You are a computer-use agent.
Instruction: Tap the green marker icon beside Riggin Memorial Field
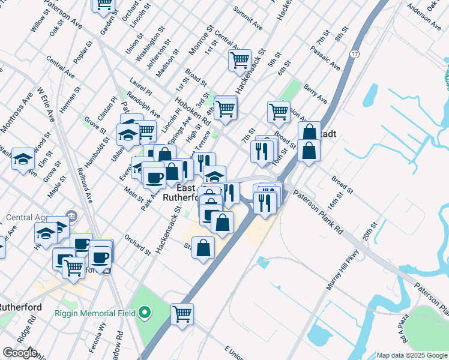pos(144,312)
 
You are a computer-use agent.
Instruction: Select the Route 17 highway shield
pos(355,55)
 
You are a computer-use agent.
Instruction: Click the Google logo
pos(20,353)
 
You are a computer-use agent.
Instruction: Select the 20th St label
pos(367,230)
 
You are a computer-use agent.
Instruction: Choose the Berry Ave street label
pos(315,94)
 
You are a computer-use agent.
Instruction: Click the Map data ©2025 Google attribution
pos(411,355)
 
